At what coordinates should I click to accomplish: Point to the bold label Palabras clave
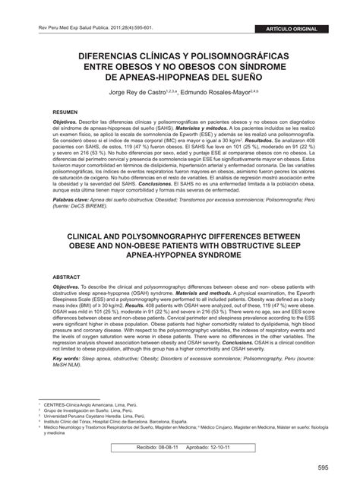[x=58, y=201]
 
